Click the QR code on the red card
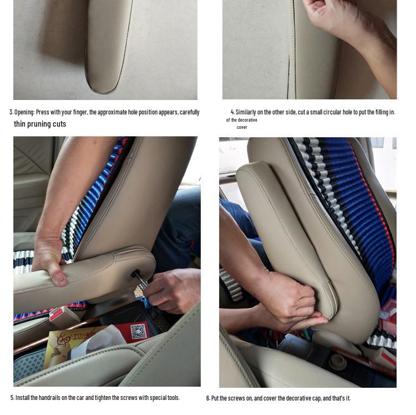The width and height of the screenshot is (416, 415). [x=139, y=331]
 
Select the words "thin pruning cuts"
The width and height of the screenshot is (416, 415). [x=40, y=124]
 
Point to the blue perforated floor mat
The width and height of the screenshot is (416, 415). [x=29, y=364]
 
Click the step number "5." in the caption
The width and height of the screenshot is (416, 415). [x=12, y=398]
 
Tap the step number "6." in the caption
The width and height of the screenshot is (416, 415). [x=208, y=398]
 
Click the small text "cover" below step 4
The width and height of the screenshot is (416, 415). [x=242, y=127]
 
